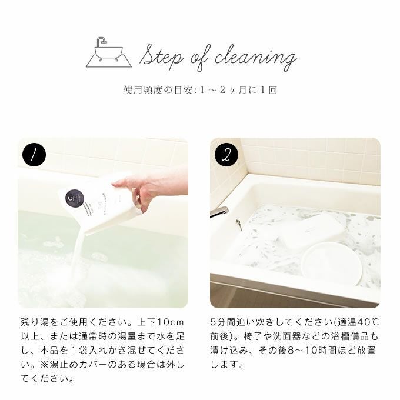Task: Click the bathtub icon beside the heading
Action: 109,53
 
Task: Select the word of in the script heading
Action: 200,58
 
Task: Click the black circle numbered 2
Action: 226,155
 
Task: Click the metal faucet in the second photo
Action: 219,212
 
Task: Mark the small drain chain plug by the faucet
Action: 238,225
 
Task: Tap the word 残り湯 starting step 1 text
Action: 35,322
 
